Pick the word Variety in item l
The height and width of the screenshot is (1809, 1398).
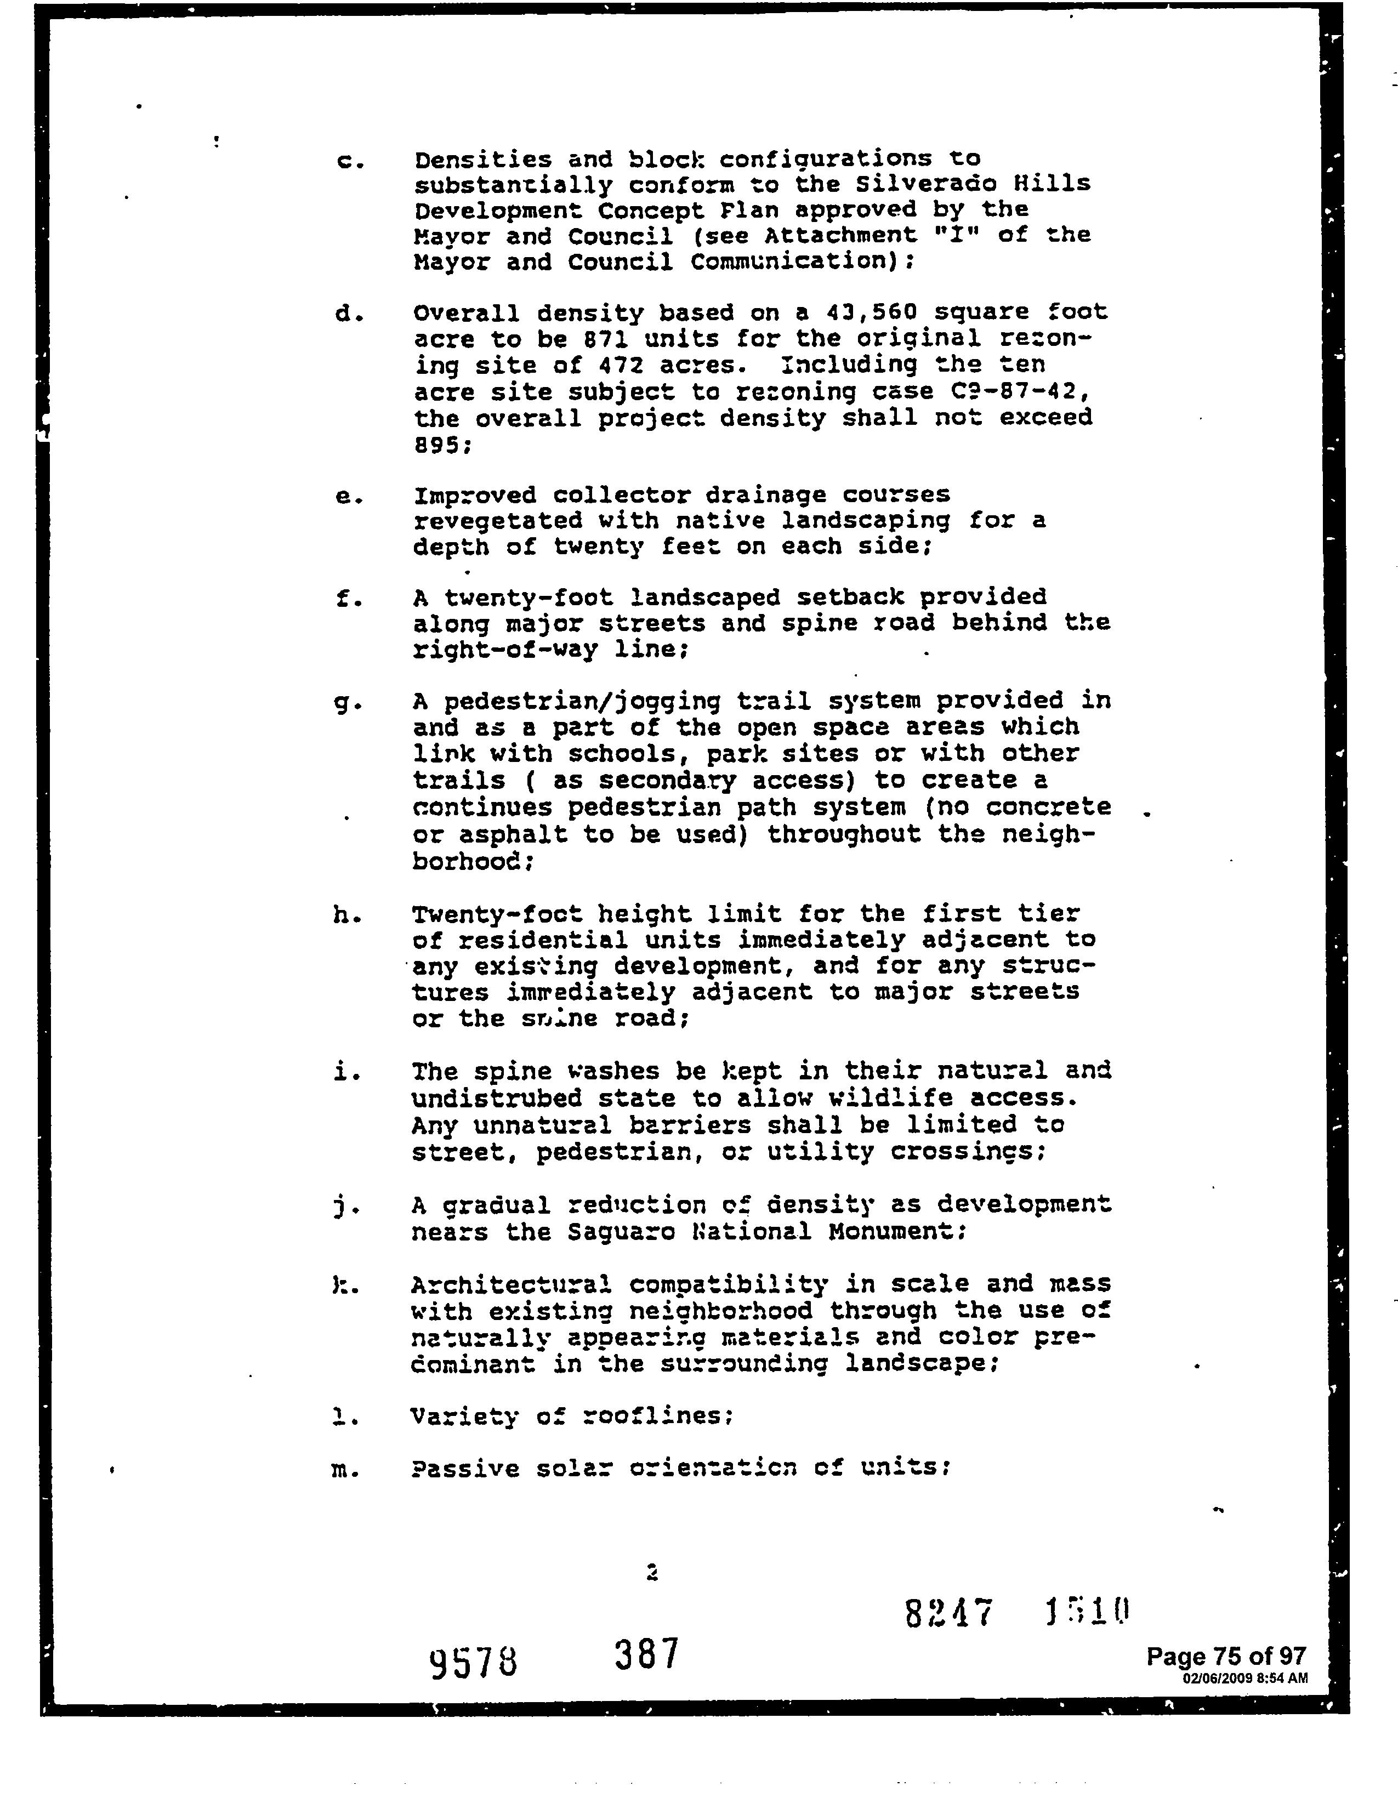[x=464, y=1417]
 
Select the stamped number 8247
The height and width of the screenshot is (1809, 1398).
[x=948, y=1613]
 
